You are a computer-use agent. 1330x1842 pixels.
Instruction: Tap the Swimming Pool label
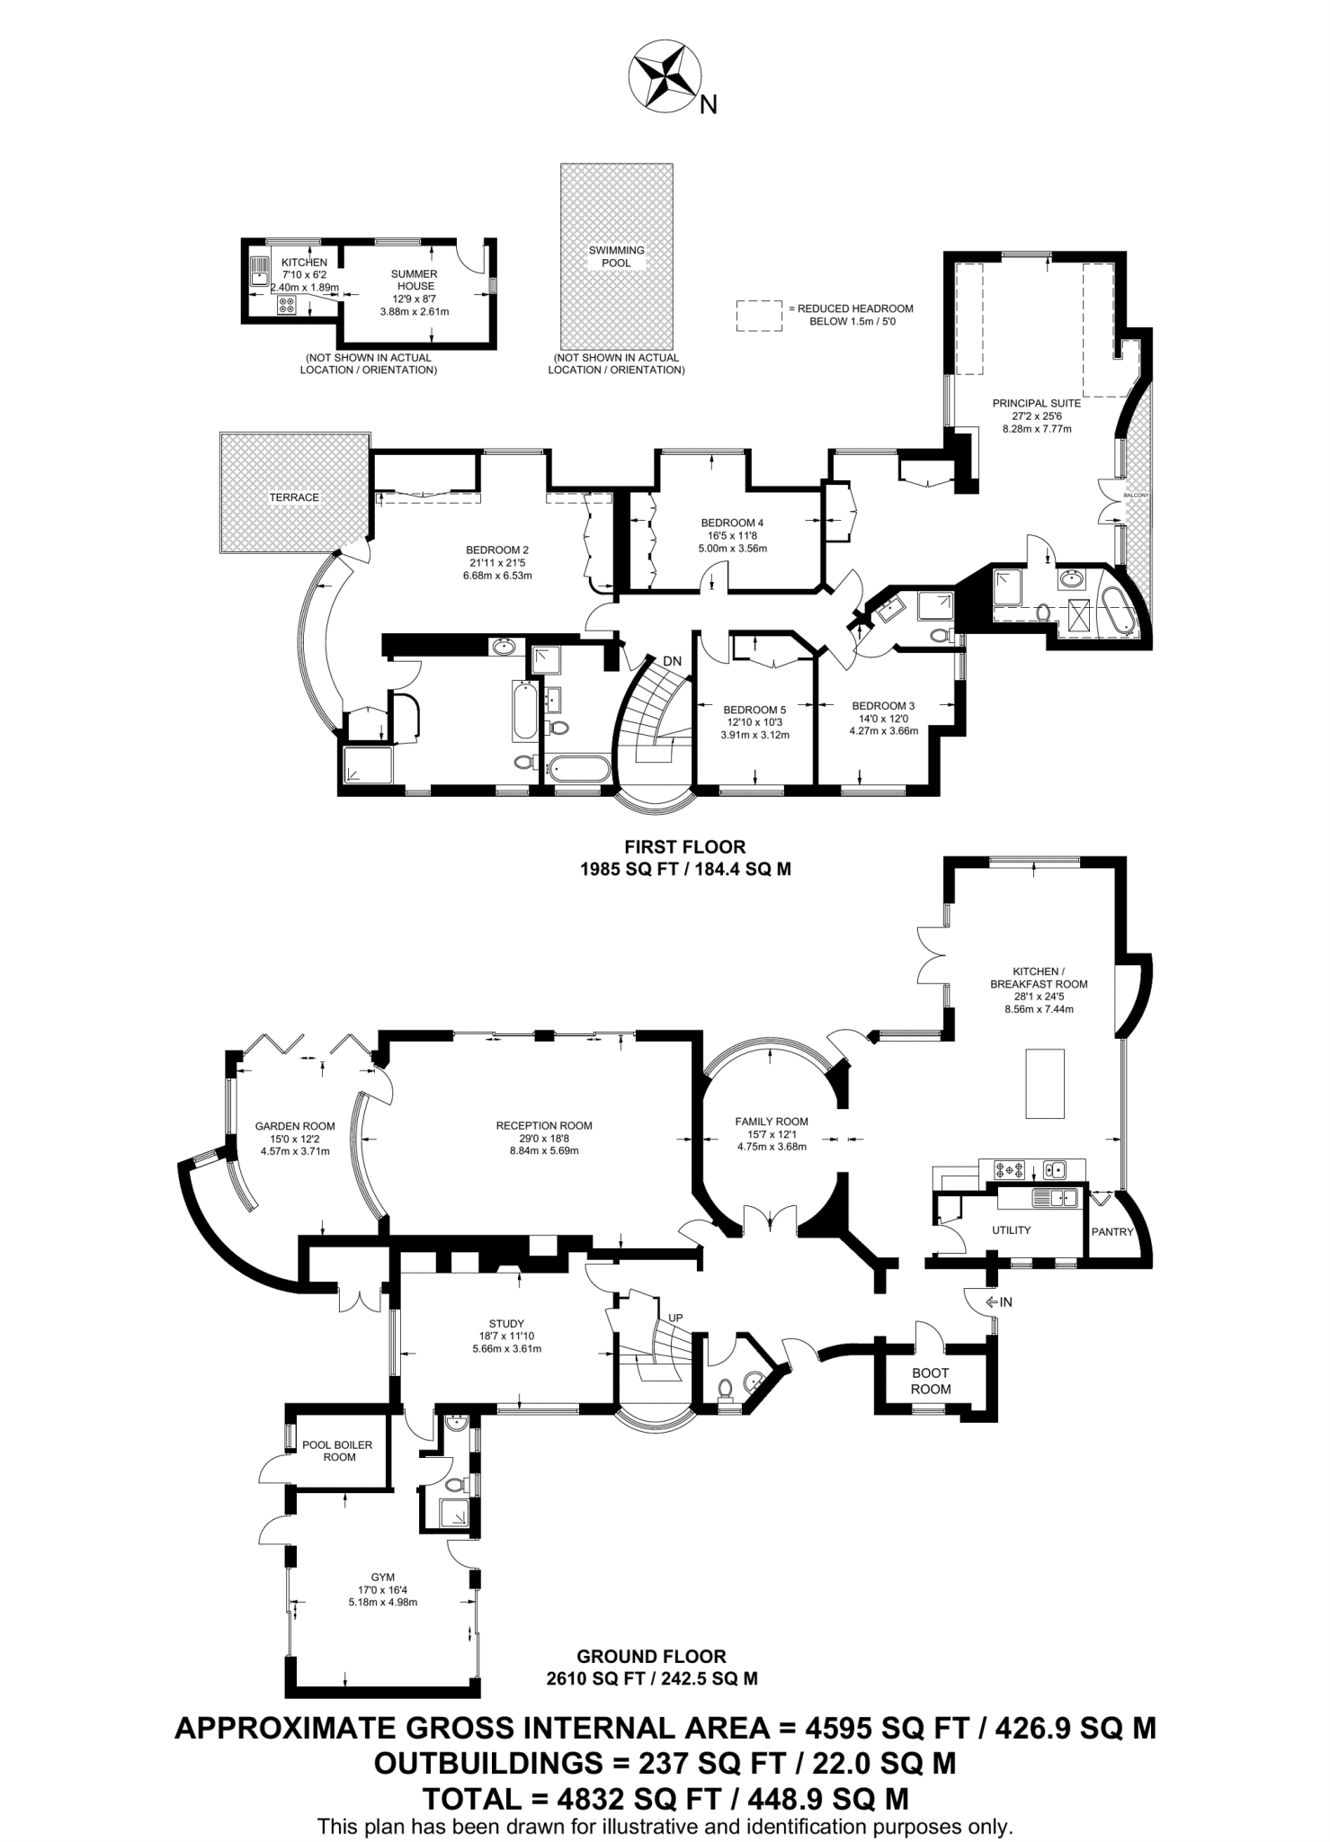coord(617,256)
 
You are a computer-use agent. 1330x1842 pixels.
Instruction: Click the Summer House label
coord(414,280)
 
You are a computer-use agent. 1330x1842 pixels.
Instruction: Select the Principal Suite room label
coord(1036,404)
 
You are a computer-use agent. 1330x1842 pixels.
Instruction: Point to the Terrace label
coord(294,497)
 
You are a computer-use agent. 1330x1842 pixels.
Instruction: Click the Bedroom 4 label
coord(732,523)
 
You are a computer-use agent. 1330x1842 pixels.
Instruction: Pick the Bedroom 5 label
coord(754,710)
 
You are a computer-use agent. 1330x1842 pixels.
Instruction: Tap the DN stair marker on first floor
coord(672,661)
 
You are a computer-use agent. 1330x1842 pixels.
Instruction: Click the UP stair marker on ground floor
coord(674,1318)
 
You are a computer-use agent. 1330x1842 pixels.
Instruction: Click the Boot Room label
coord(930,1381)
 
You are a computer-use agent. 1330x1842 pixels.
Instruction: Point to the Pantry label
coord(1112,1231)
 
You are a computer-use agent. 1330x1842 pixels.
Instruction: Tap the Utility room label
coord(1011,1229)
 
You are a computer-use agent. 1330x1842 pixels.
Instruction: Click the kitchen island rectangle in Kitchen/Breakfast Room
coord(1046,1083)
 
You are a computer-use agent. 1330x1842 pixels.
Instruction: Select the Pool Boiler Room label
coord(337,1451)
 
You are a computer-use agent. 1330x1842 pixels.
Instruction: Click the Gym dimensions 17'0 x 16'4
coord(382,1602)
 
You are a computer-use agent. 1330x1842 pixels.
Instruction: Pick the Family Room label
coord(772,1122)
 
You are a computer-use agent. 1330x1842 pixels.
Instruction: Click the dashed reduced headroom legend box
coord(758,316)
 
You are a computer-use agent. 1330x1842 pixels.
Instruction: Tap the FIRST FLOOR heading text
coord(685,846)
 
